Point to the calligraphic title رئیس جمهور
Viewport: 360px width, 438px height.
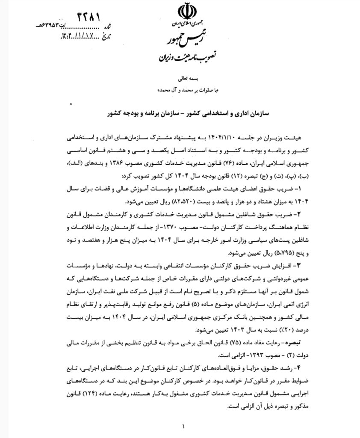coord(183,41)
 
